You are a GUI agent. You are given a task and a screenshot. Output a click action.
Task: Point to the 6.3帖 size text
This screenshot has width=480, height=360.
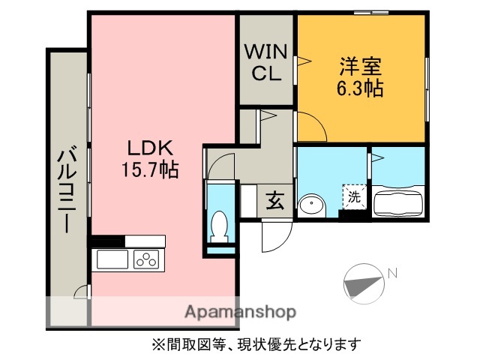359,89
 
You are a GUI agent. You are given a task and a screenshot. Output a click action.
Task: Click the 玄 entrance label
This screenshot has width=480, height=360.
275,200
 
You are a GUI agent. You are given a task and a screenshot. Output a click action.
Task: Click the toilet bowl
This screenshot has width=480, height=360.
220,225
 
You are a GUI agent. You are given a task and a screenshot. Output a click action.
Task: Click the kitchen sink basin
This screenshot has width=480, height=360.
112,260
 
